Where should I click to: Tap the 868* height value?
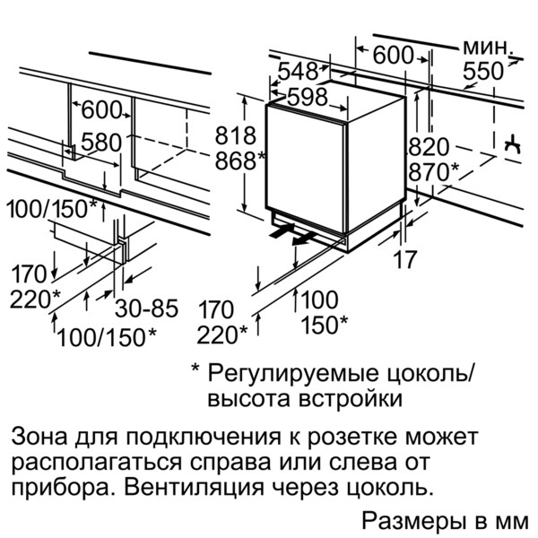pos(239,161)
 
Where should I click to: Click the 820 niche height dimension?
pos(429,147)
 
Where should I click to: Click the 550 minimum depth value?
pos(484,74)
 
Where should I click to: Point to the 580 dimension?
pos(101,142)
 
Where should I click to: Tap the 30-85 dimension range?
pos(146,309)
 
